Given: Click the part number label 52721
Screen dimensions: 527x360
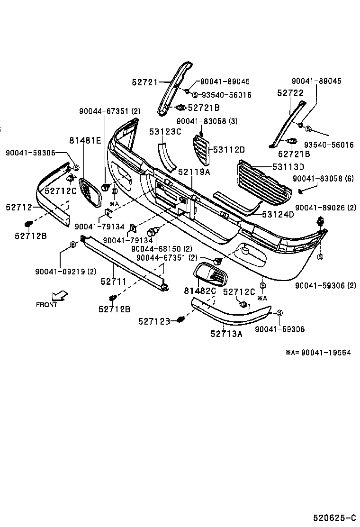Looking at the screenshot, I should [x=144, y=82].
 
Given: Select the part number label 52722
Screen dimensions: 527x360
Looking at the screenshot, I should [x=290, y=93].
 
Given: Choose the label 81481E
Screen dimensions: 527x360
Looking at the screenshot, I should [x=85, y=140].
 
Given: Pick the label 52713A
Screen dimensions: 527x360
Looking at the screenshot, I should [x=226, y=334].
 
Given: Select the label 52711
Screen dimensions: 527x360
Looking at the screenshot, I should [x=113, y=282].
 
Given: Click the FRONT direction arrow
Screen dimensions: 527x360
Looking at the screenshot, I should [x=59, y=297].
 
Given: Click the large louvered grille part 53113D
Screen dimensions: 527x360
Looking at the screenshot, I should [x=263, y=183].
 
